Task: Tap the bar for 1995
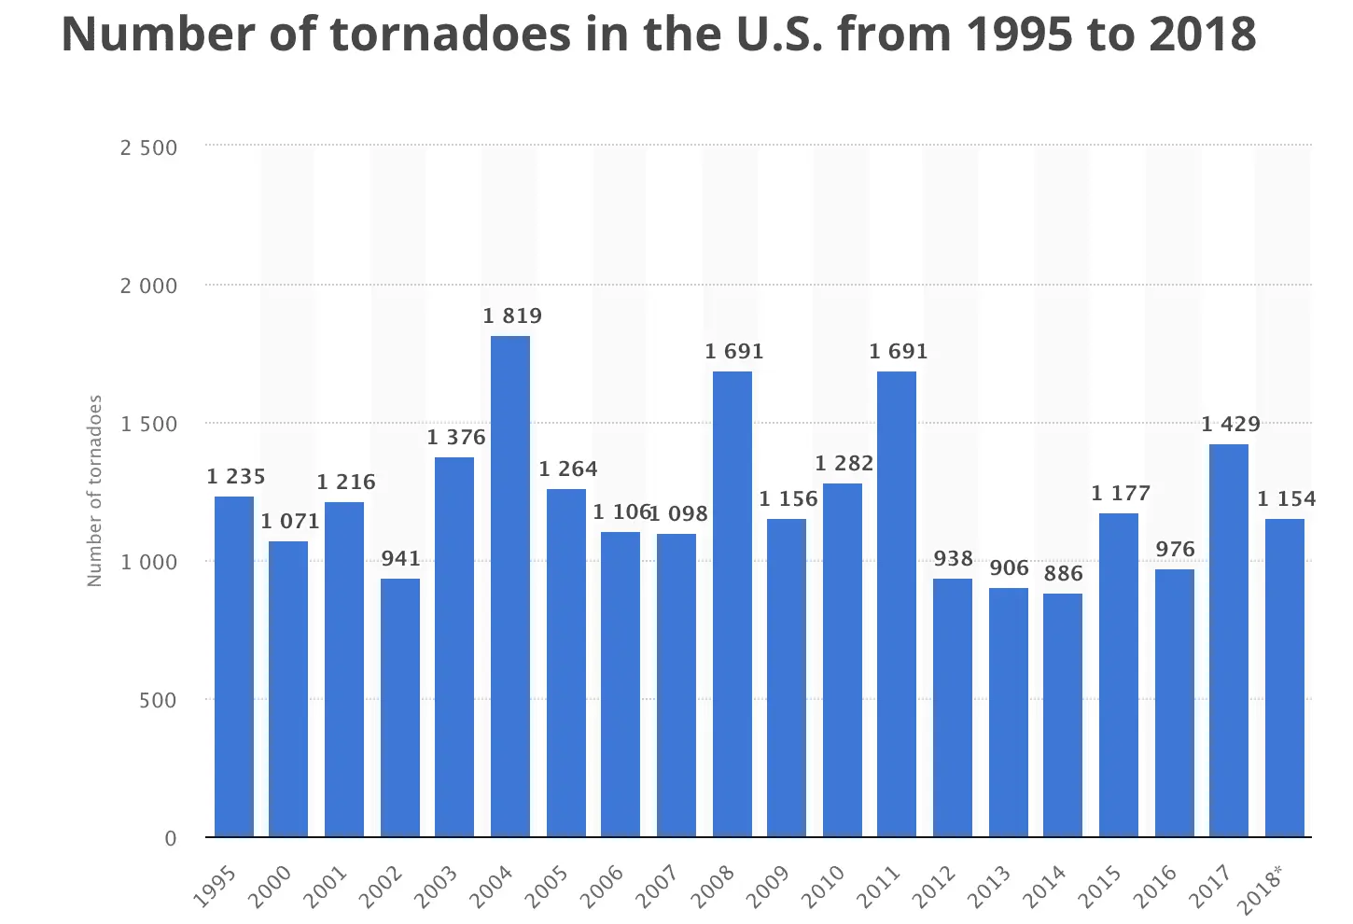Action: tap(234, 666)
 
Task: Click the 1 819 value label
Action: tap(512, 316)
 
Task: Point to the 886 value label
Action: tap(1064, 574)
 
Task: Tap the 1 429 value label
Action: tap(1231, 425)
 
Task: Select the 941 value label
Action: tap(400, 559)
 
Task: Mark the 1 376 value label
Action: tap(456, 438)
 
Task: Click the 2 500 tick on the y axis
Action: tap(148, 147)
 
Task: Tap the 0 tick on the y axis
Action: tap(171, 838)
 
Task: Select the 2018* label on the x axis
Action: tap(1261, 889)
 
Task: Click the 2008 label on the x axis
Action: tap(714, 888)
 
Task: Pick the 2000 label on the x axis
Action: tap(271, 888)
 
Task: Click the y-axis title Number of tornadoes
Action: tap(94, 491)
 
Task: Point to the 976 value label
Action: tap(1175, 550)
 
